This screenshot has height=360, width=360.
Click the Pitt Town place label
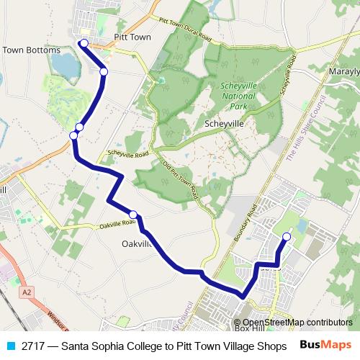coord(132,37)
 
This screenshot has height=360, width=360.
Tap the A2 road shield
coord(27,292)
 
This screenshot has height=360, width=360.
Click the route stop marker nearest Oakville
coord(133,214)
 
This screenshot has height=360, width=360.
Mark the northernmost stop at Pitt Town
coord(84,44)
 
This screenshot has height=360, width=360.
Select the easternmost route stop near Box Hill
coord(287,236)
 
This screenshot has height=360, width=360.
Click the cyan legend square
coord(9,345)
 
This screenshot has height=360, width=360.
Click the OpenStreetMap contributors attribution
coord(297,322)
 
